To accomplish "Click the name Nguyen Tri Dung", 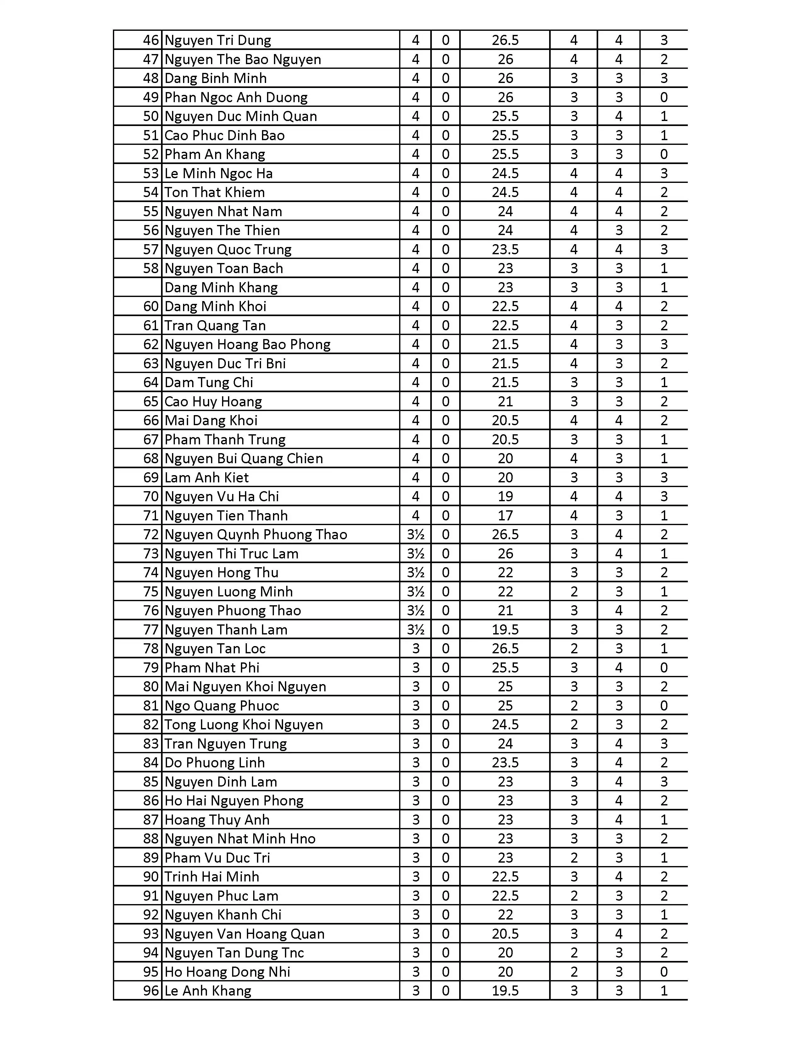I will [218, 40].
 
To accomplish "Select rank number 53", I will [151, 173].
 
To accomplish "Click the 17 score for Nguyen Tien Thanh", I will [505, 516].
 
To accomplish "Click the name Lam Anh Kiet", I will [206, 478].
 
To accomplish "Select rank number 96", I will [151, 991].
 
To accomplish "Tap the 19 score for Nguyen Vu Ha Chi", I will [505, 497].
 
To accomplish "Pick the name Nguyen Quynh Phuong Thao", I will [256, 535].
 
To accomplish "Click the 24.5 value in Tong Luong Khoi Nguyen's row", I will [505, 725].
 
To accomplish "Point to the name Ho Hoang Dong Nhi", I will [227, 972].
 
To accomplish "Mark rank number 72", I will [151, 535].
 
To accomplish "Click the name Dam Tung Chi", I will [209, 383].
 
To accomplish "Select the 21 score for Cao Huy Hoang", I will [505, 402].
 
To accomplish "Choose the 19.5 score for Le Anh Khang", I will [505, 991].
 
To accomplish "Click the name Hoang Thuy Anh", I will [217, 820].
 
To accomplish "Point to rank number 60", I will [151, 307].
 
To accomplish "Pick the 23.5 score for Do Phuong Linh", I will [505, 763].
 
